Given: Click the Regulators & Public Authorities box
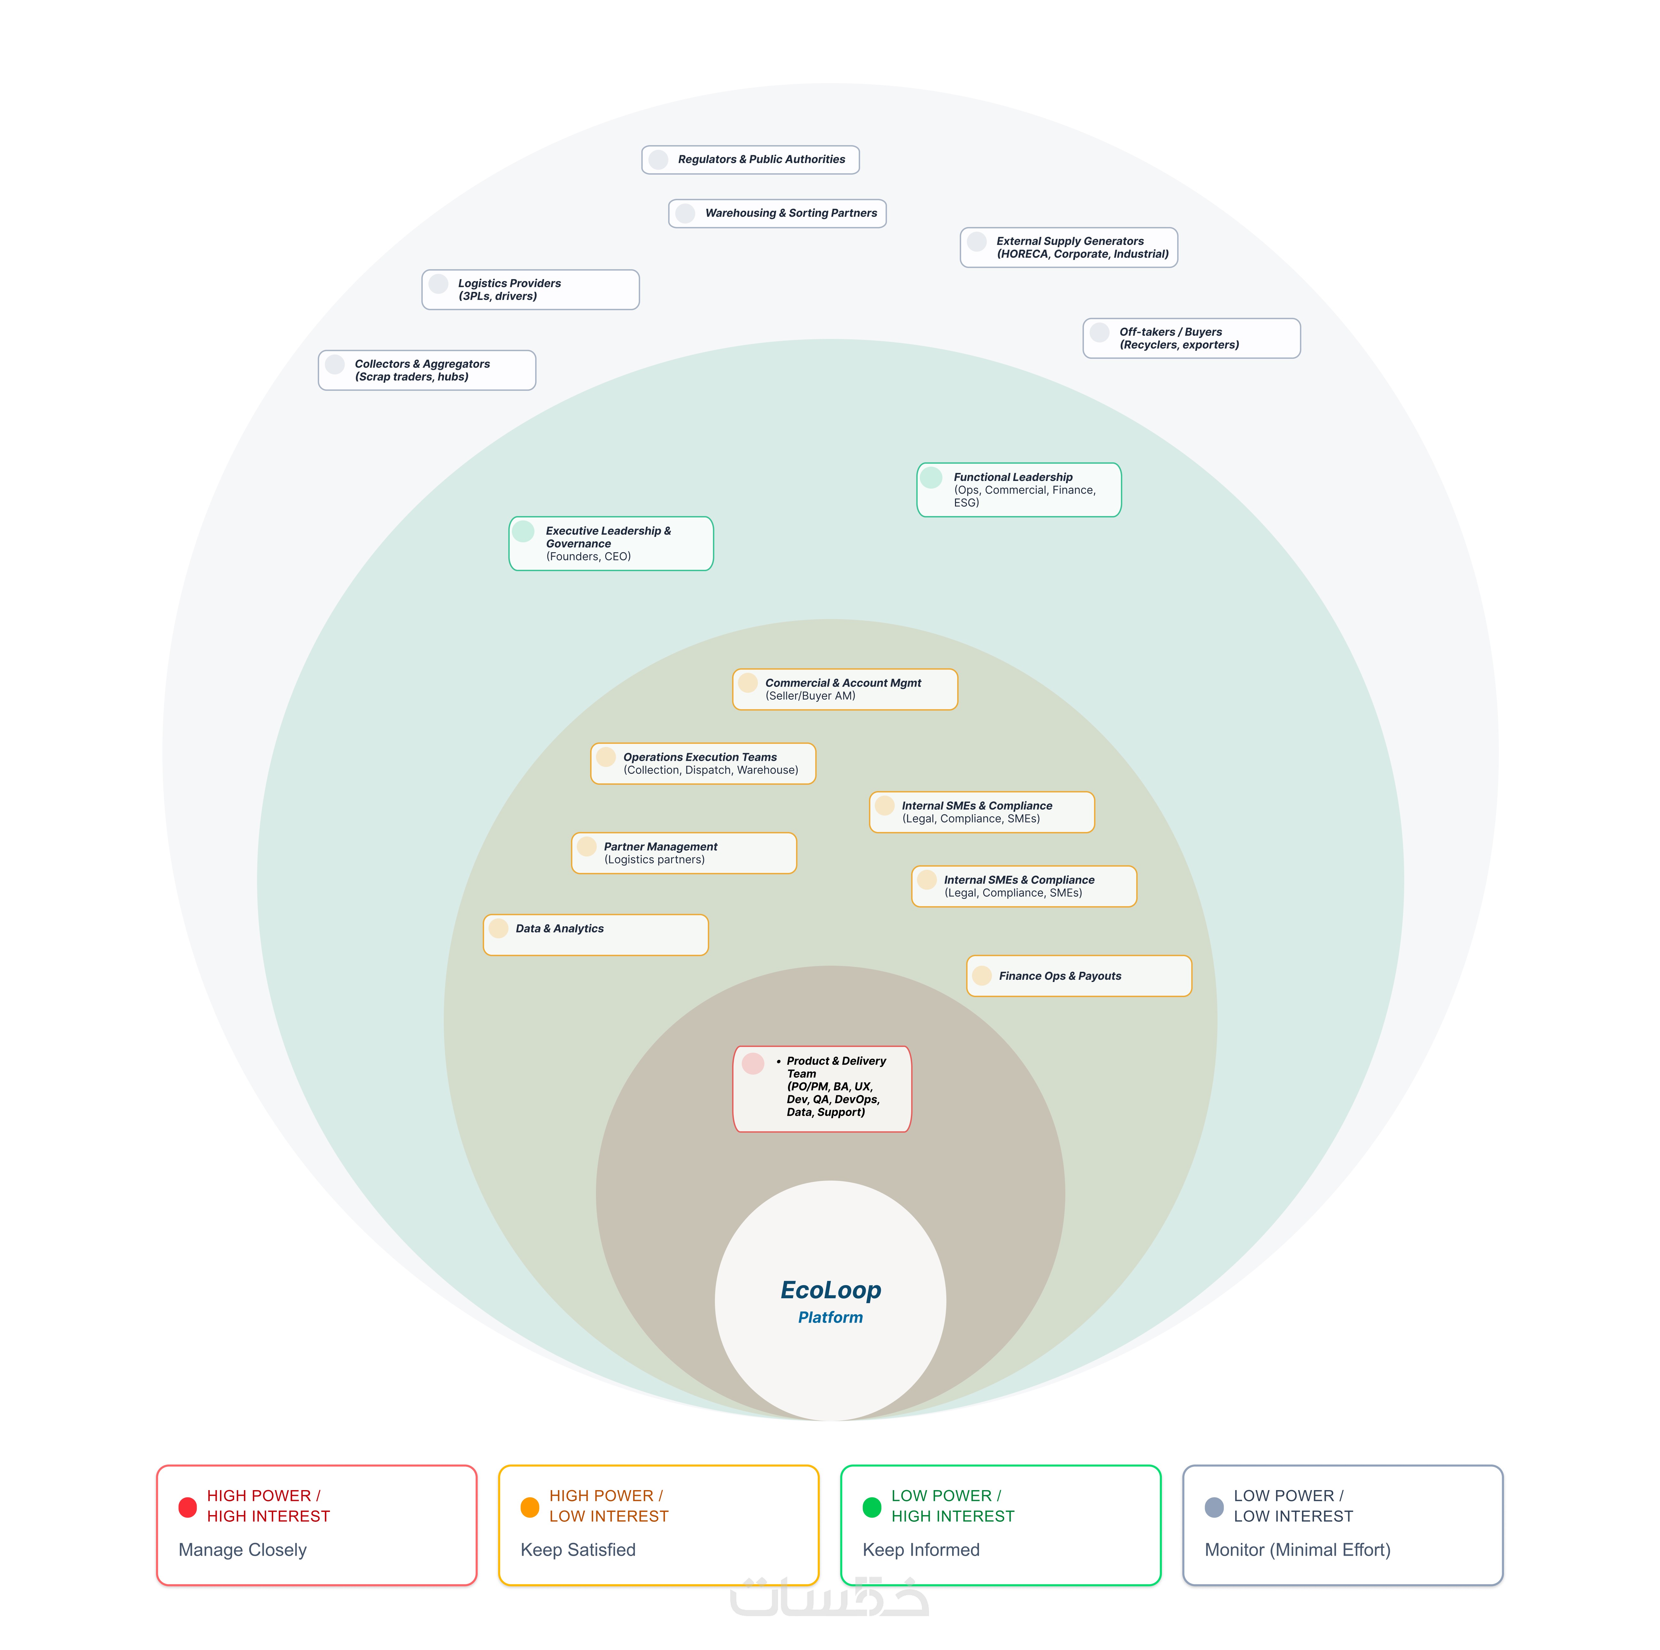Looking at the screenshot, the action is [750, 160].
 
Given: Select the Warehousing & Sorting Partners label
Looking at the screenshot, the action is [790, 213].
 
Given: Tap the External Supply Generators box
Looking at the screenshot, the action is [1069, 247].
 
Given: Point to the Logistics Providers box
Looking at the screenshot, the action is [530, 290].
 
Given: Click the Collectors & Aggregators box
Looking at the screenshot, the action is [427, 370].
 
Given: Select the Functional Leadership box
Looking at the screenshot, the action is [1019, 490].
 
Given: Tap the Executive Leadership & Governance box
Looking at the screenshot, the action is [611, 543].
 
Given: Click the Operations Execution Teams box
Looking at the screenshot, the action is [703, 763].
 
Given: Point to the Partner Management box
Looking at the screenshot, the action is [684, 853].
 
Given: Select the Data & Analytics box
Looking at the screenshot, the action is [595, 935].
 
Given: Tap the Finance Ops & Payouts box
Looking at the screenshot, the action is [1079, 976].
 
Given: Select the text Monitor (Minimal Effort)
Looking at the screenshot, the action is [1297, 1550].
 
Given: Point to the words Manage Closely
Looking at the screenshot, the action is [242, 1550].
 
